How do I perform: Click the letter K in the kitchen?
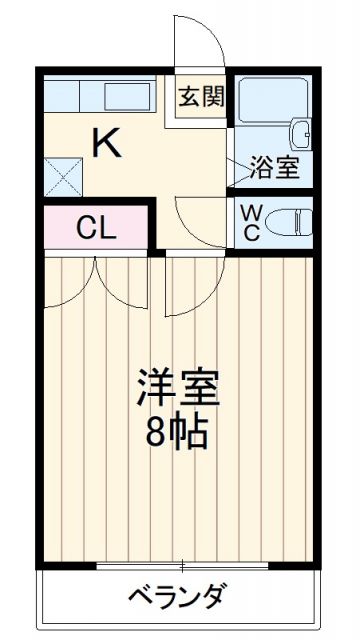(108, 145)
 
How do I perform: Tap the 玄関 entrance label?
(202, 97)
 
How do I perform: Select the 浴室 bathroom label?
(274, 167)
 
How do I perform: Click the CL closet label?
(96, 227)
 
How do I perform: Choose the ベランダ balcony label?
(176, 596)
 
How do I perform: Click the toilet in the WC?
(291, 220)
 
